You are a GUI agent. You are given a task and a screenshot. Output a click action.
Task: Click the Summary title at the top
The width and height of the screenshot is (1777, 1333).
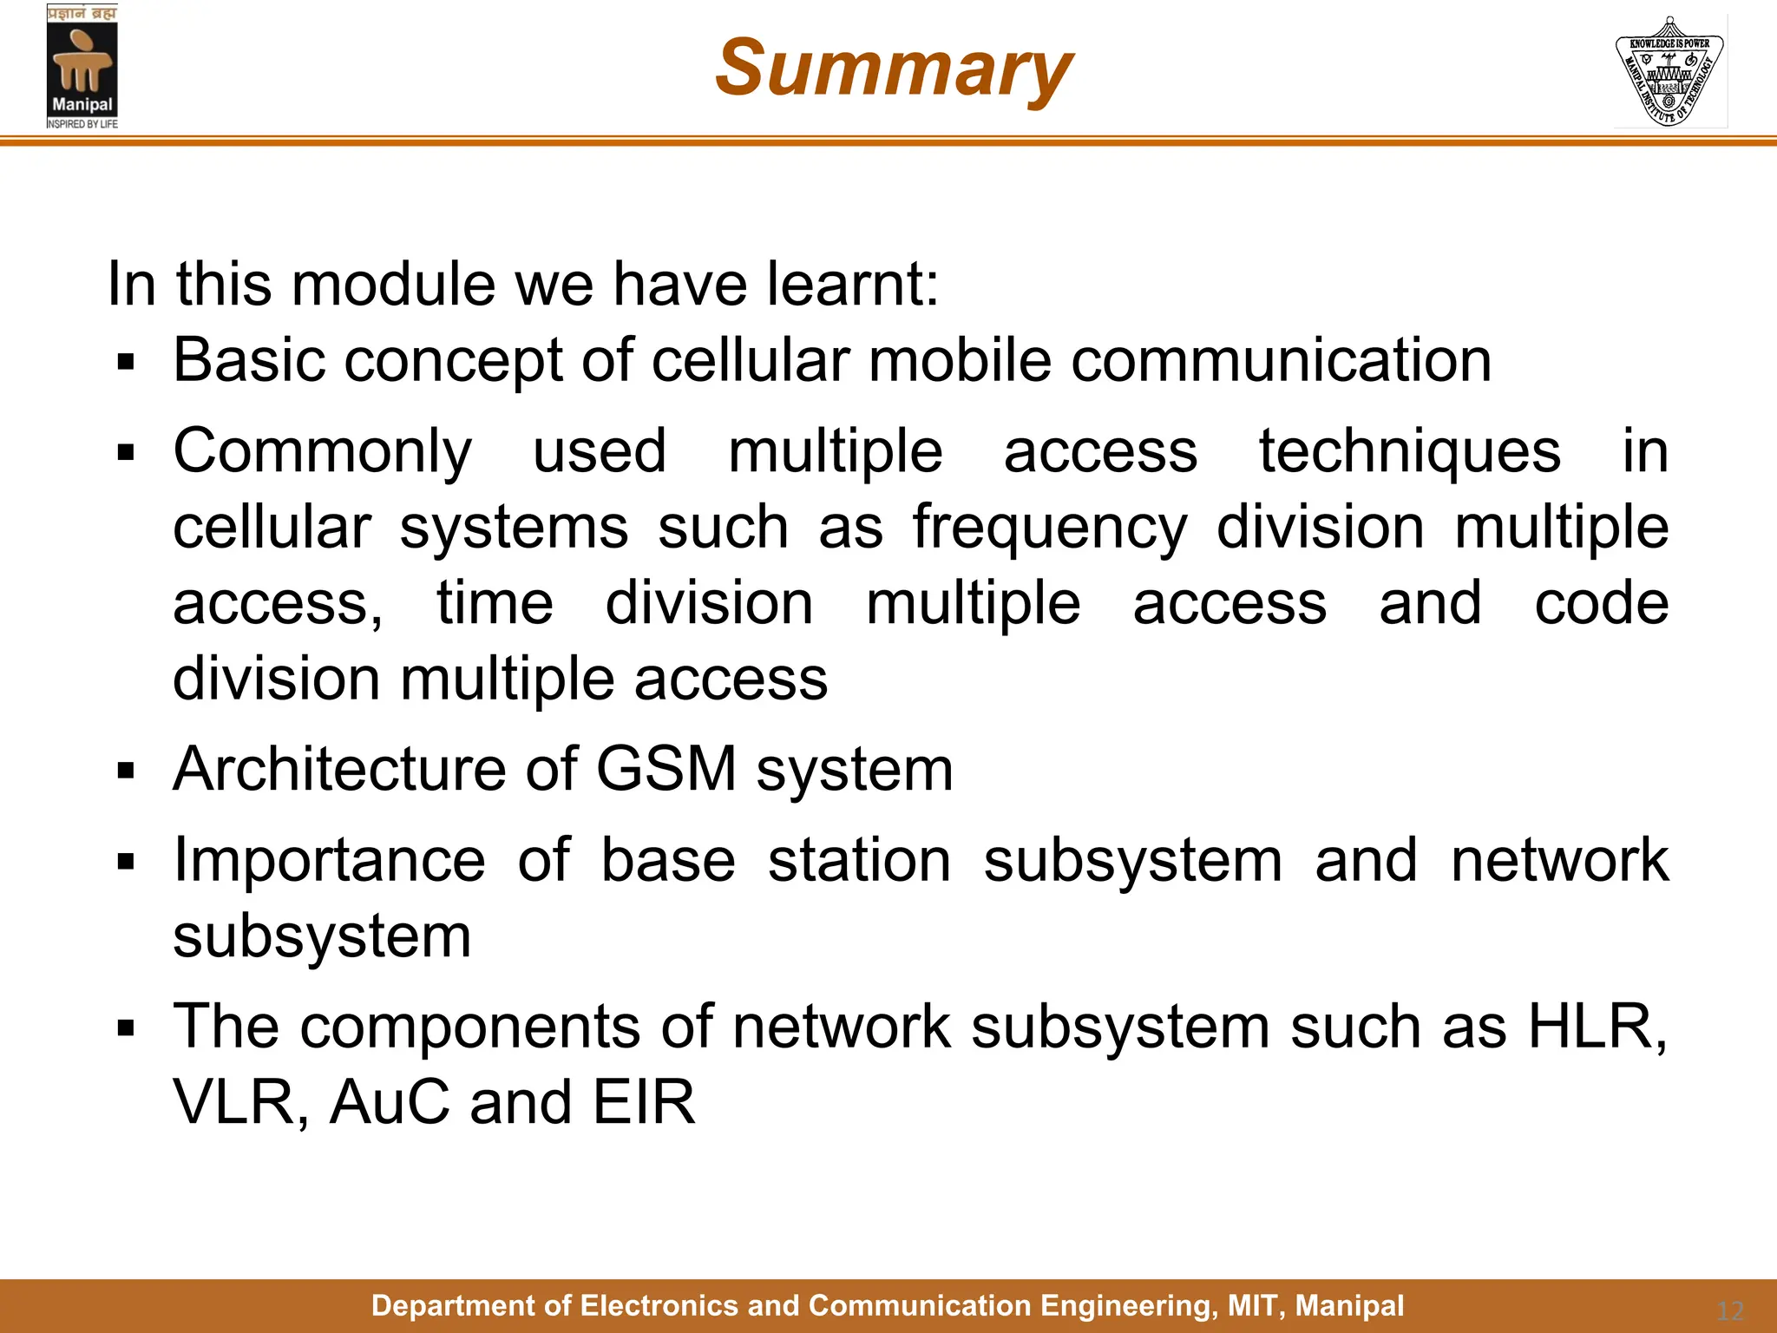[x=894, y=69]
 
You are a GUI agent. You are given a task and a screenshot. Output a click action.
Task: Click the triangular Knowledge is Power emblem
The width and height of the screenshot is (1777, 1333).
[x=1669, y=72]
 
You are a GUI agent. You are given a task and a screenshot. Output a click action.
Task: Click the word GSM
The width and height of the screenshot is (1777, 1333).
[x=666, y=769]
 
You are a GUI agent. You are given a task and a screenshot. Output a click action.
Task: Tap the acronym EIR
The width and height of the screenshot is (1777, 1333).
[x=644, y=1102]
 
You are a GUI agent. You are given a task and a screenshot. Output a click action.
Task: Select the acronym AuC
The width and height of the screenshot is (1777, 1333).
[x=390, y=1102]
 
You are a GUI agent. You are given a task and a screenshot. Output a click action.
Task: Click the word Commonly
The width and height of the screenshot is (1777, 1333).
[x=323, y=453]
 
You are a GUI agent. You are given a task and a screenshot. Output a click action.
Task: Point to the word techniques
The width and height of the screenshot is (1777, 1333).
[x=1410, y=451]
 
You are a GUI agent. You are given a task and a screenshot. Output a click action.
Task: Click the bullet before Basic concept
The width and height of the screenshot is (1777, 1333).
[x=127, y=362]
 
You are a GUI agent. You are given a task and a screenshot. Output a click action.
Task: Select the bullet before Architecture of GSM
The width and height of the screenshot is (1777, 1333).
[x=127, y=771]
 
